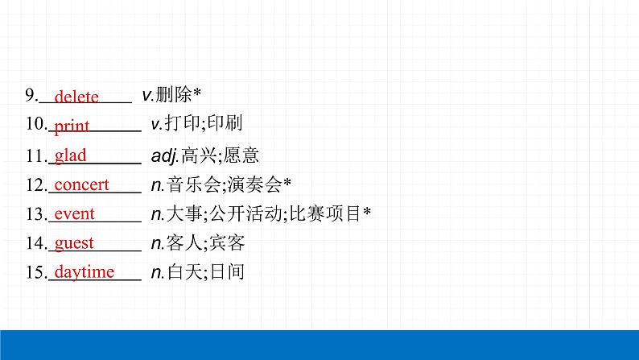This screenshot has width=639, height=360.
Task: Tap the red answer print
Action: click(72, 126)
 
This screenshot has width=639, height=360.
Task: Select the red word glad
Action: click(70, 155)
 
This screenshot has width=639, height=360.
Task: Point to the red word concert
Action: click(81, 184)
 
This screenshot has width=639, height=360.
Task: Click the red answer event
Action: click(74, 214)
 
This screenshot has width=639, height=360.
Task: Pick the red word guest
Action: click(74, 243)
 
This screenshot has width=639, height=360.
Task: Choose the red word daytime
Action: click(84, 272)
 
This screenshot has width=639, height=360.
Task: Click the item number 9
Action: click(31, 96)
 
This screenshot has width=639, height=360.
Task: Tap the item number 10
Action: click(35, 125)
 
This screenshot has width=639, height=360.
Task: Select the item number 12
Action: click(35, 185)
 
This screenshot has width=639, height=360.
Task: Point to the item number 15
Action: click(35, 273)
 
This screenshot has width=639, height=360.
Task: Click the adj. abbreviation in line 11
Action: click(165, 155)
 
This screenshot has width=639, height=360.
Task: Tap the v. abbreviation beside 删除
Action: click(146, 96)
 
